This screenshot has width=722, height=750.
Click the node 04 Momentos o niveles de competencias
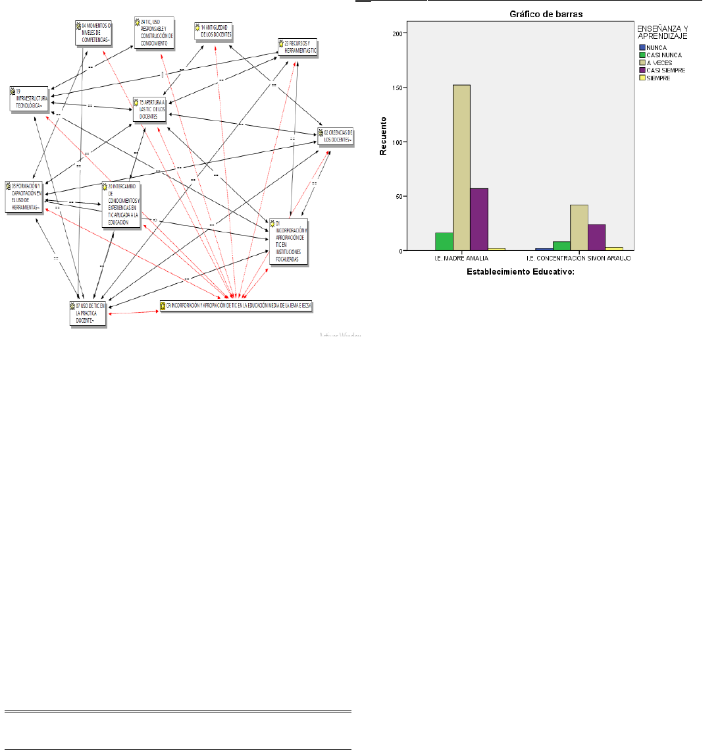point(93,33)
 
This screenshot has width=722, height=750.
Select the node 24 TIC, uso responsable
point(154,32)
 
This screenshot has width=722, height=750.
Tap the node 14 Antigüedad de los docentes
point(214,31)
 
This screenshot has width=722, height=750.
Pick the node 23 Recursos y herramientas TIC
point(297,47)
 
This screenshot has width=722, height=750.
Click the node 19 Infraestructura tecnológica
point(30,99)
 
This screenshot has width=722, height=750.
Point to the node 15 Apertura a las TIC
point(151,109)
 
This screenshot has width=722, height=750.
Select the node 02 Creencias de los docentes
point(336,136)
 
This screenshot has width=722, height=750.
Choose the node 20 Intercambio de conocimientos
point(121,205)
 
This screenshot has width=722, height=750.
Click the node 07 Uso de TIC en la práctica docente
point(88,313)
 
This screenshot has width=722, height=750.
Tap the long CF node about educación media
point(236,306)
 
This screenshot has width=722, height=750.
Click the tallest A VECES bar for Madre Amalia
point(461,167)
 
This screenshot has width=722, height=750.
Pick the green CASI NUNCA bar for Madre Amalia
point(444,241)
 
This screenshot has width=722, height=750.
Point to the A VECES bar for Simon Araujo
point(579,227)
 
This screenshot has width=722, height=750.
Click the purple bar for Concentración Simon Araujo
point(596,237)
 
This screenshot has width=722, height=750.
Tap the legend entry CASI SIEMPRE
point(665,70)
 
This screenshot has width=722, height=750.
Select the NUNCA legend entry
point(656,47)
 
